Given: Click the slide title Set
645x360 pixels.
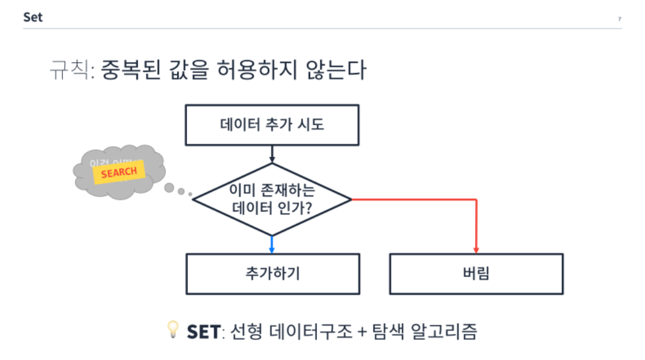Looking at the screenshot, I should (x=33, y=17).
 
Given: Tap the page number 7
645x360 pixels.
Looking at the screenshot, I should (x=619, y=20).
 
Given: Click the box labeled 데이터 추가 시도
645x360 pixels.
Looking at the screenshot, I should (x=272, y=125).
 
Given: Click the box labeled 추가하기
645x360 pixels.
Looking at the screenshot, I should (x=273, y=274).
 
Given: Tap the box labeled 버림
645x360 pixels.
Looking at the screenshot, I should (x=476, y=274).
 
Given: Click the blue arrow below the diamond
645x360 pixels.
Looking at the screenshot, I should (x=272, y=244).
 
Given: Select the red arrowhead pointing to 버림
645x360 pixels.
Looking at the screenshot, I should (x=476, y=249).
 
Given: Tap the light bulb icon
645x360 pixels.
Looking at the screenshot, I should (x=173, y=329).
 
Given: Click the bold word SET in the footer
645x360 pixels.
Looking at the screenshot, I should (x=203, y=331).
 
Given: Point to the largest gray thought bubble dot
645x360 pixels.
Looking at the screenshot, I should (x=169, y=188).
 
